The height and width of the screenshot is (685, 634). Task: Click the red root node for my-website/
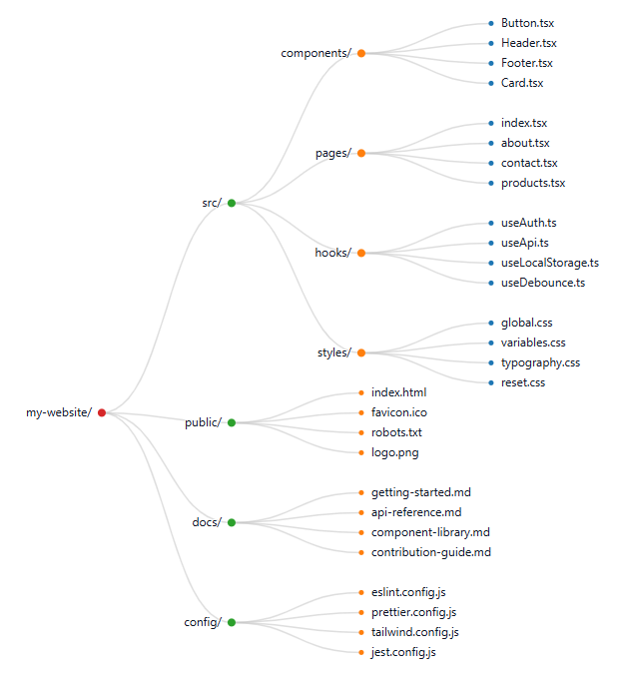(x=102, y=412)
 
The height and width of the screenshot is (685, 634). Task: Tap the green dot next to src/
(x=232, y=203)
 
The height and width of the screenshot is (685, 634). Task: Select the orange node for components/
(x=361, y=53)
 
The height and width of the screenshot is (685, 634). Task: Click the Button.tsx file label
(x=528, y=23)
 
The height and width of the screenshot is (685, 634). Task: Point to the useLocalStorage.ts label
(x=549, y=263)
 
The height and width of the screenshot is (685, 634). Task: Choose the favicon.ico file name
(x=399, y=412)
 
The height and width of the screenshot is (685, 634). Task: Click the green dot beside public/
(x=232, y=422)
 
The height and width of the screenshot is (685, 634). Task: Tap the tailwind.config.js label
(x=415, y=632)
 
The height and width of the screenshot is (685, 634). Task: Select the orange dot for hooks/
(x=361, y=253)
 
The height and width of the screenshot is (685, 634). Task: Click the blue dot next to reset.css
(x=491, y=382)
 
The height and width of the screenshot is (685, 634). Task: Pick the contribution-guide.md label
(x=430, y=552)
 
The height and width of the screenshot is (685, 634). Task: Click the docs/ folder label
(x=207, y=522)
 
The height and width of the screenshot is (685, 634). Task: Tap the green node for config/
(x=232, y=622)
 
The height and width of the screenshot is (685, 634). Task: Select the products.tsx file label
(x=533, y=183)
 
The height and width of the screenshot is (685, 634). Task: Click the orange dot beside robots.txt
(x=361, y=432)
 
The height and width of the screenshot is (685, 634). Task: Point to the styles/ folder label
(x=327, y=352)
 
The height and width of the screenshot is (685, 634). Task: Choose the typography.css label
(x=540, y=362)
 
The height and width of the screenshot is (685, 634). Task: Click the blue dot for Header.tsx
(x=491, y=43)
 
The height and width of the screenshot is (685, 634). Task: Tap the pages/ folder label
(x=333, y=153)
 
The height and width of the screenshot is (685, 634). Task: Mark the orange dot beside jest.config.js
(x=361, y=652)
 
